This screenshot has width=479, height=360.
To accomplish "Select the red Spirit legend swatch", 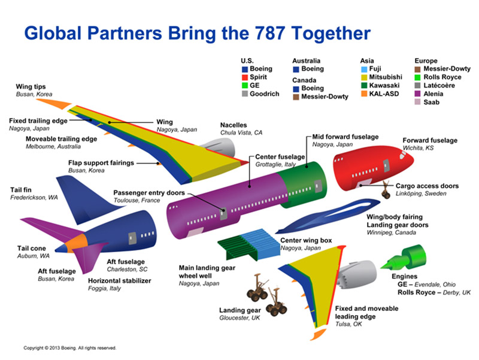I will coord(244,77).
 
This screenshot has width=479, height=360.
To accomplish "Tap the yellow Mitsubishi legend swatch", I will coord(365,77).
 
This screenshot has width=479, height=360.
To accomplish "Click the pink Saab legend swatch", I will coord(419,102).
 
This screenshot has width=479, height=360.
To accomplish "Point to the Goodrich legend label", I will coord(265,94).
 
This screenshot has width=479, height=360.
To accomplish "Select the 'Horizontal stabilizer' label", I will coord(120,280).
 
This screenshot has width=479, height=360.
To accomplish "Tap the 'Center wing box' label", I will coord(306,240).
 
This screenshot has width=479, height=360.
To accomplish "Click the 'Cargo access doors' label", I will coord(427,186).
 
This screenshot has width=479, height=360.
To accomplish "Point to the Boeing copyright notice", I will coord(70,347).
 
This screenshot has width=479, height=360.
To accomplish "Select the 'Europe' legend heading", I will coord(426,60).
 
